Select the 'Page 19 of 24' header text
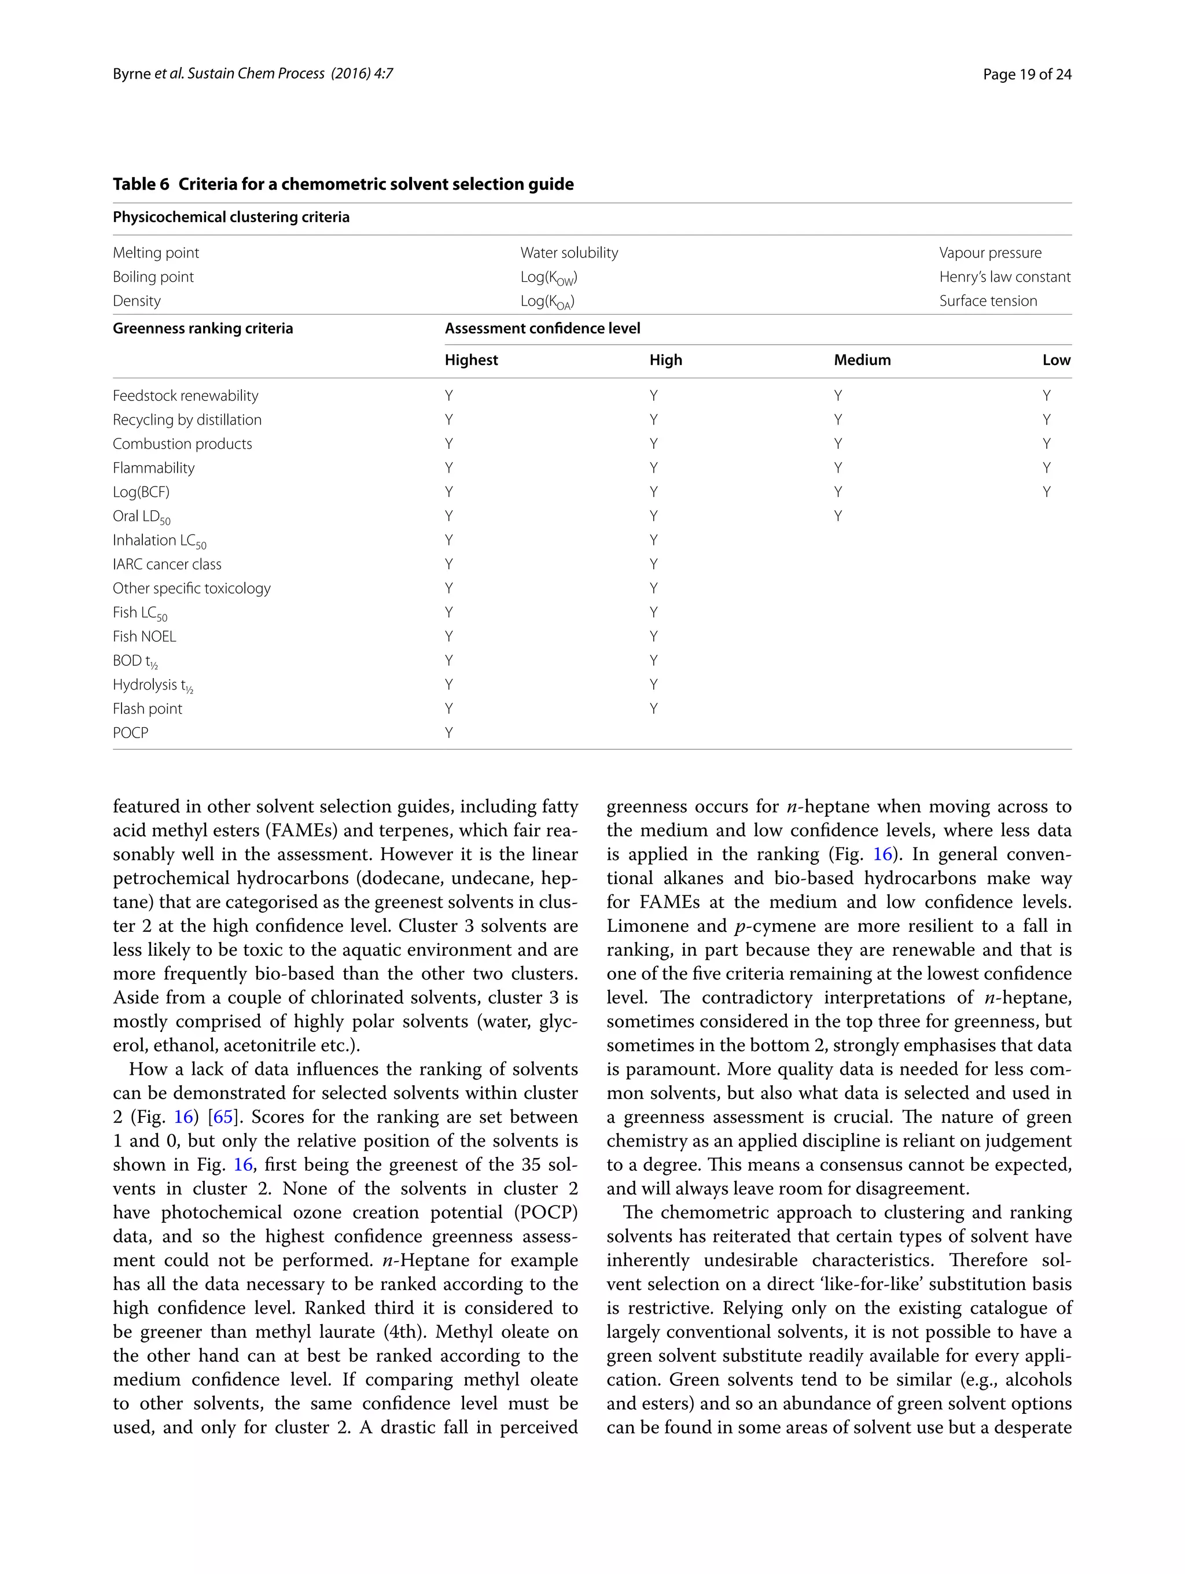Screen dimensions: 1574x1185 click(1026, 74)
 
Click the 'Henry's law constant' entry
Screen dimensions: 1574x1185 click(1004, 277)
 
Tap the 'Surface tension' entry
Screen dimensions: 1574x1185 click(987, 301)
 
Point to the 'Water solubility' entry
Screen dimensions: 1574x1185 click(569, 253)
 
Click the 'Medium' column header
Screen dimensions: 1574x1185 click(862, 360)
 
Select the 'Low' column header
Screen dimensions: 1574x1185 click(1055, 360)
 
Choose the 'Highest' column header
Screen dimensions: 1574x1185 click(470, 360)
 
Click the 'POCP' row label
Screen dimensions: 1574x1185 click(130, 733)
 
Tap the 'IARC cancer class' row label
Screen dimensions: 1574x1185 click(167, 564)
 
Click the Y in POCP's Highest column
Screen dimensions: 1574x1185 click(449, 733)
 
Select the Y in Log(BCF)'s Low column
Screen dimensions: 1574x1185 click(1046, 492)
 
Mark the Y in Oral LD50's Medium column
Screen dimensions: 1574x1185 click(838, 517)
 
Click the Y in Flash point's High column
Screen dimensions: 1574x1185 click(653, 709)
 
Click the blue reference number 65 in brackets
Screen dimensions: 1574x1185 click(223, 1117)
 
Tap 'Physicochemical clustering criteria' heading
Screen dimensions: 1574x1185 click(231, 217)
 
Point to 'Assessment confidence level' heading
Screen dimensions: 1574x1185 click(542, 329)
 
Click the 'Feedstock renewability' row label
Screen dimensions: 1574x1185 click(185, 396)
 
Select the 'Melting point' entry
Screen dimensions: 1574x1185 click(155, 253)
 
